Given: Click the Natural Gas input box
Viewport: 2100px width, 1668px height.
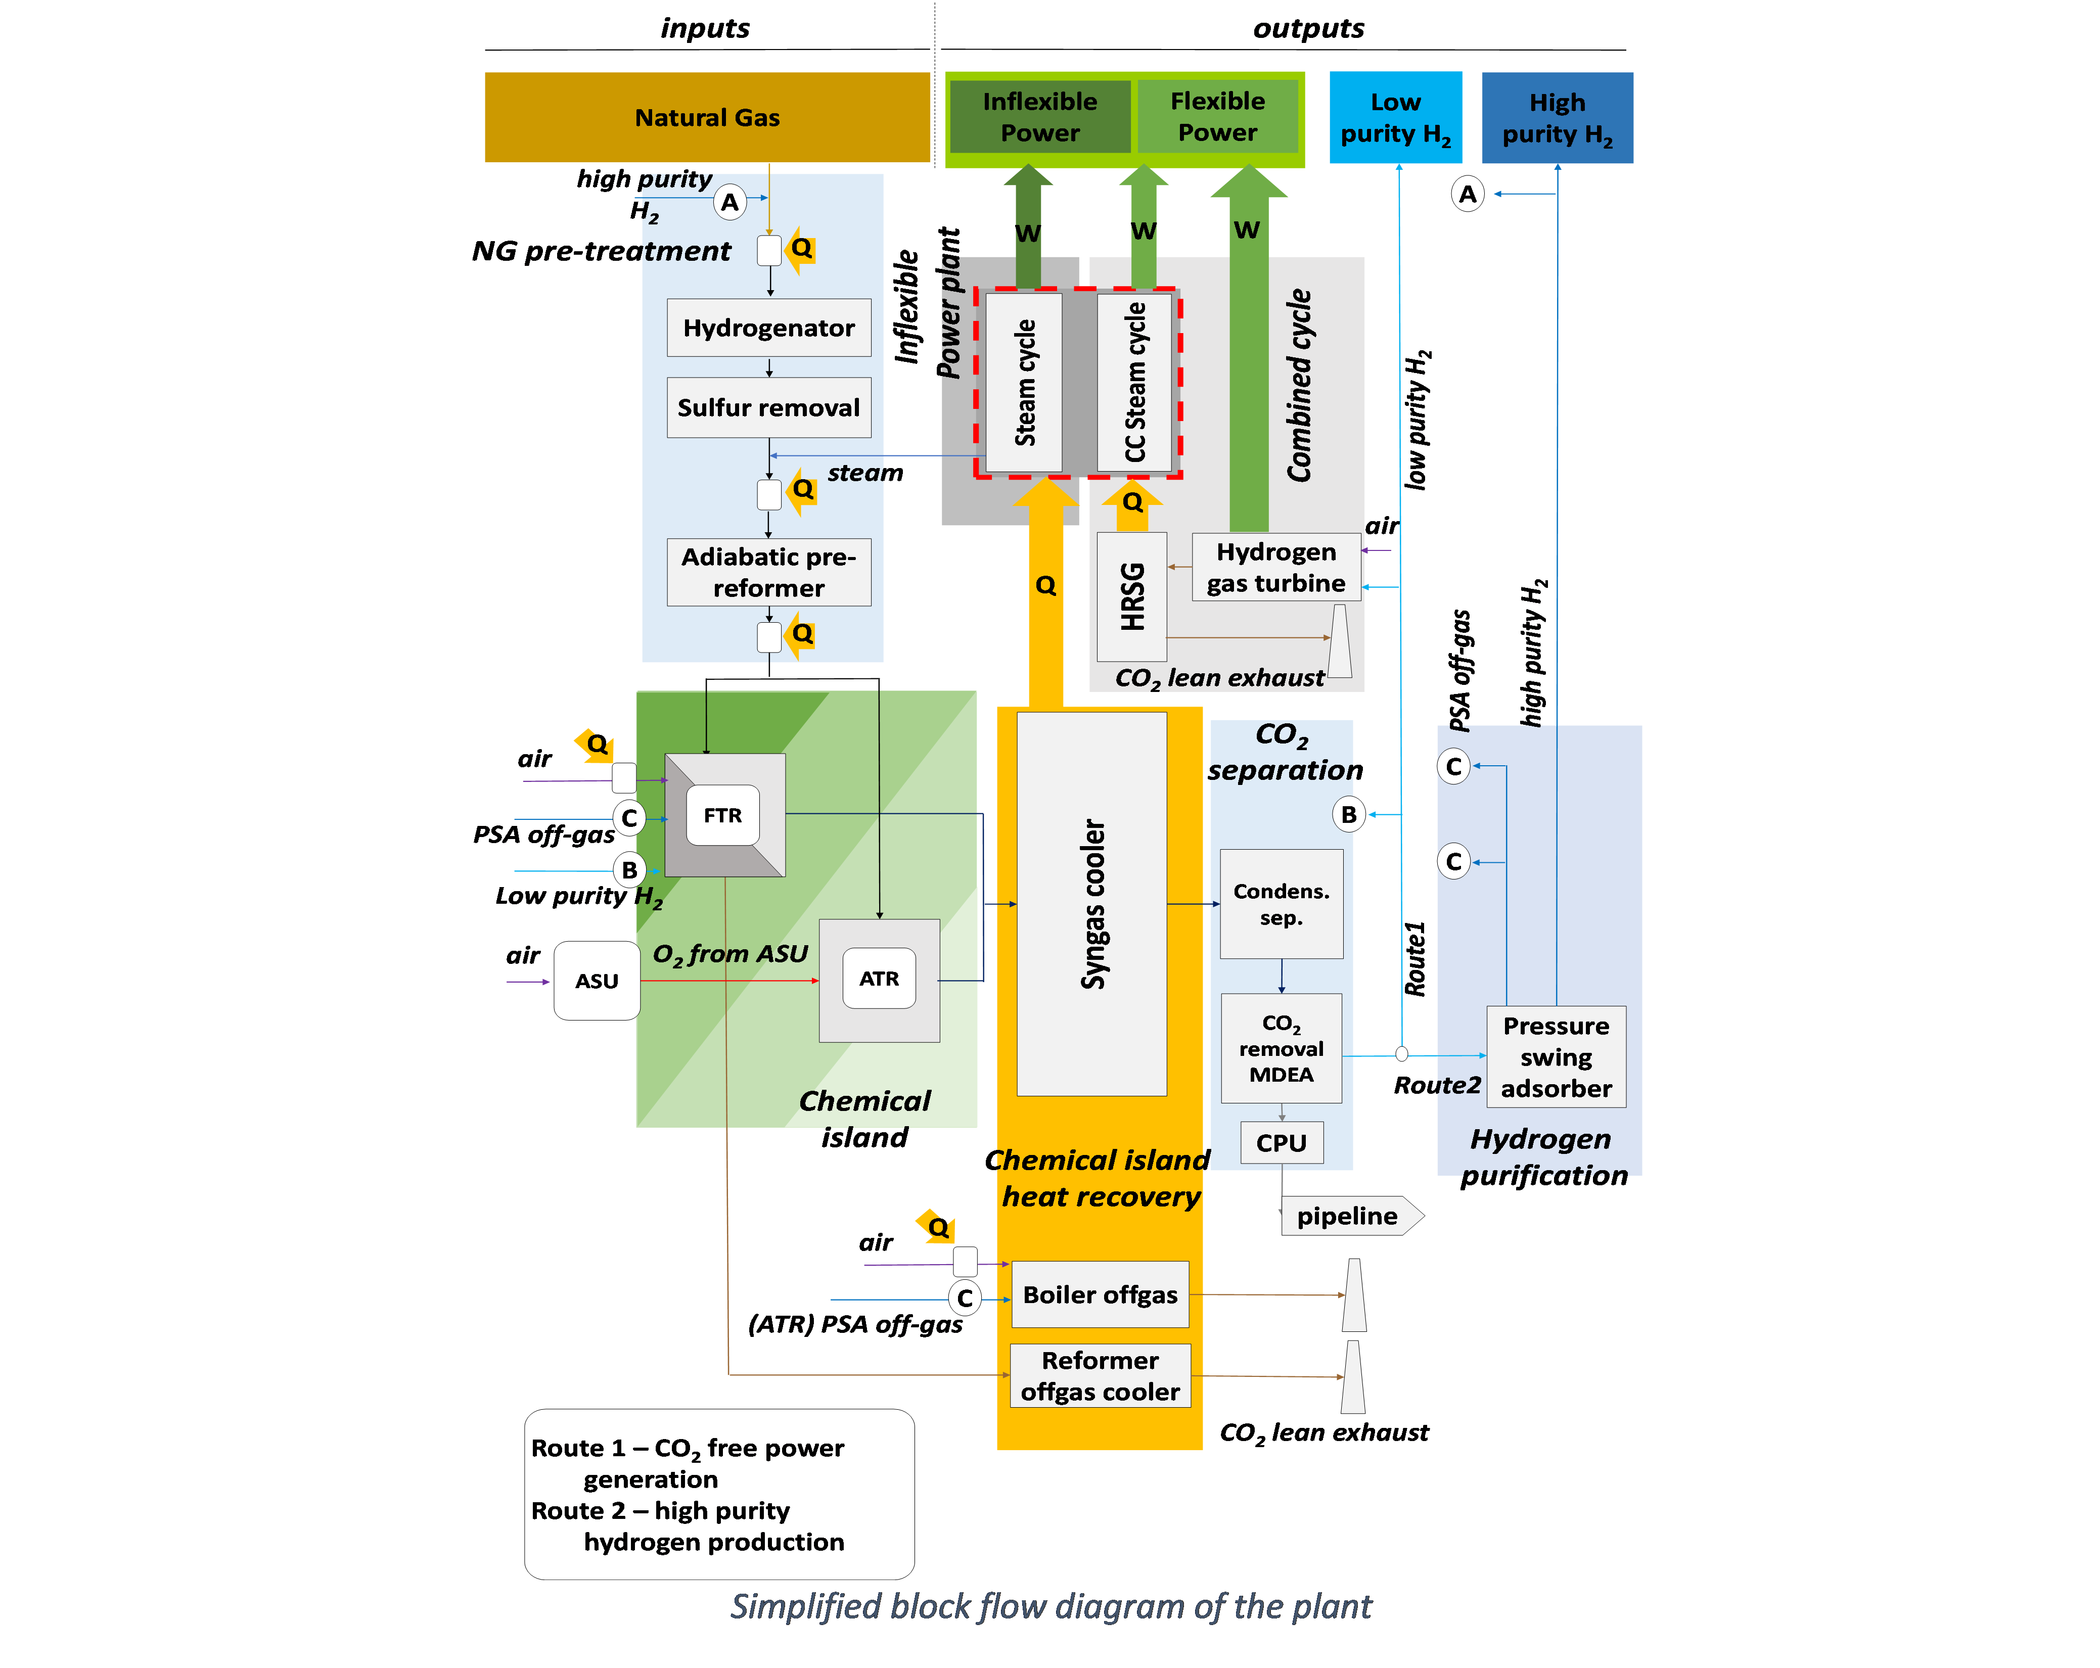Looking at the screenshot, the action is coord(707,117).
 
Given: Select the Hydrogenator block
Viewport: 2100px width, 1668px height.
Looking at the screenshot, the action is coord(768,328).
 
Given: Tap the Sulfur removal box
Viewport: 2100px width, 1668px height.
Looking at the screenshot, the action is coord(768,407).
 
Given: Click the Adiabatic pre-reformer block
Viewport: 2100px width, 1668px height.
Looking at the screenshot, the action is coord(768,573).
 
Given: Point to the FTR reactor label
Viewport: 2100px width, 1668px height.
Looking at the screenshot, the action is coord(723,815).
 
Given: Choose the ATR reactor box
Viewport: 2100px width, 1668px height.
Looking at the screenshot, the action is coord(880,980).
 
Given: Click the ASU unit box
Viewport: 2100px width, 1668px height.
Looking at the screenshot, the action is coord(597,981).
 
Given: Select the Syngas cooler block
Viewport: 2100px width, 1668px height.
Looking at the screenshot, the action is coord(1092,904).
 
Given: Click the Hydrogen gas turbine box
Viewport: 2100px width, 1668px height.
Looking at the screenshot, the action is coord(1276,567).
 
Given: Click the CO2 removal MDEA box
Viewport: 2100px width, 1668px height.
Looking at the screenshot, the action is coord(1282,1049).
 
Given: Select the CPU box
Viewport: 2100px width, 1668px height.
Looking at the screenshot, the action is coord(1282,1142).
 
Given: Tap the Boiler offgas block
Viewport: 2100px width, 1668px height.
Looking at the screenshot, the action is coord(1101,1294).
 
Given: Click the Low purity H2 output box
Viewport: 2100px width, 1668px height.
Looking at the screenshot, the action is coord(1396,117).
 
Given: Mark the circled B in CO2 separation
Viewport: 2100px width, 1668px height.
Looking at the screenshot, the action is coord(1349,815).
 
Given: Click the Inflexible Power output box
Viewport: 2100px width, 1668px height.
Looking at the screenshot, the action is coord(1040,117).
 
